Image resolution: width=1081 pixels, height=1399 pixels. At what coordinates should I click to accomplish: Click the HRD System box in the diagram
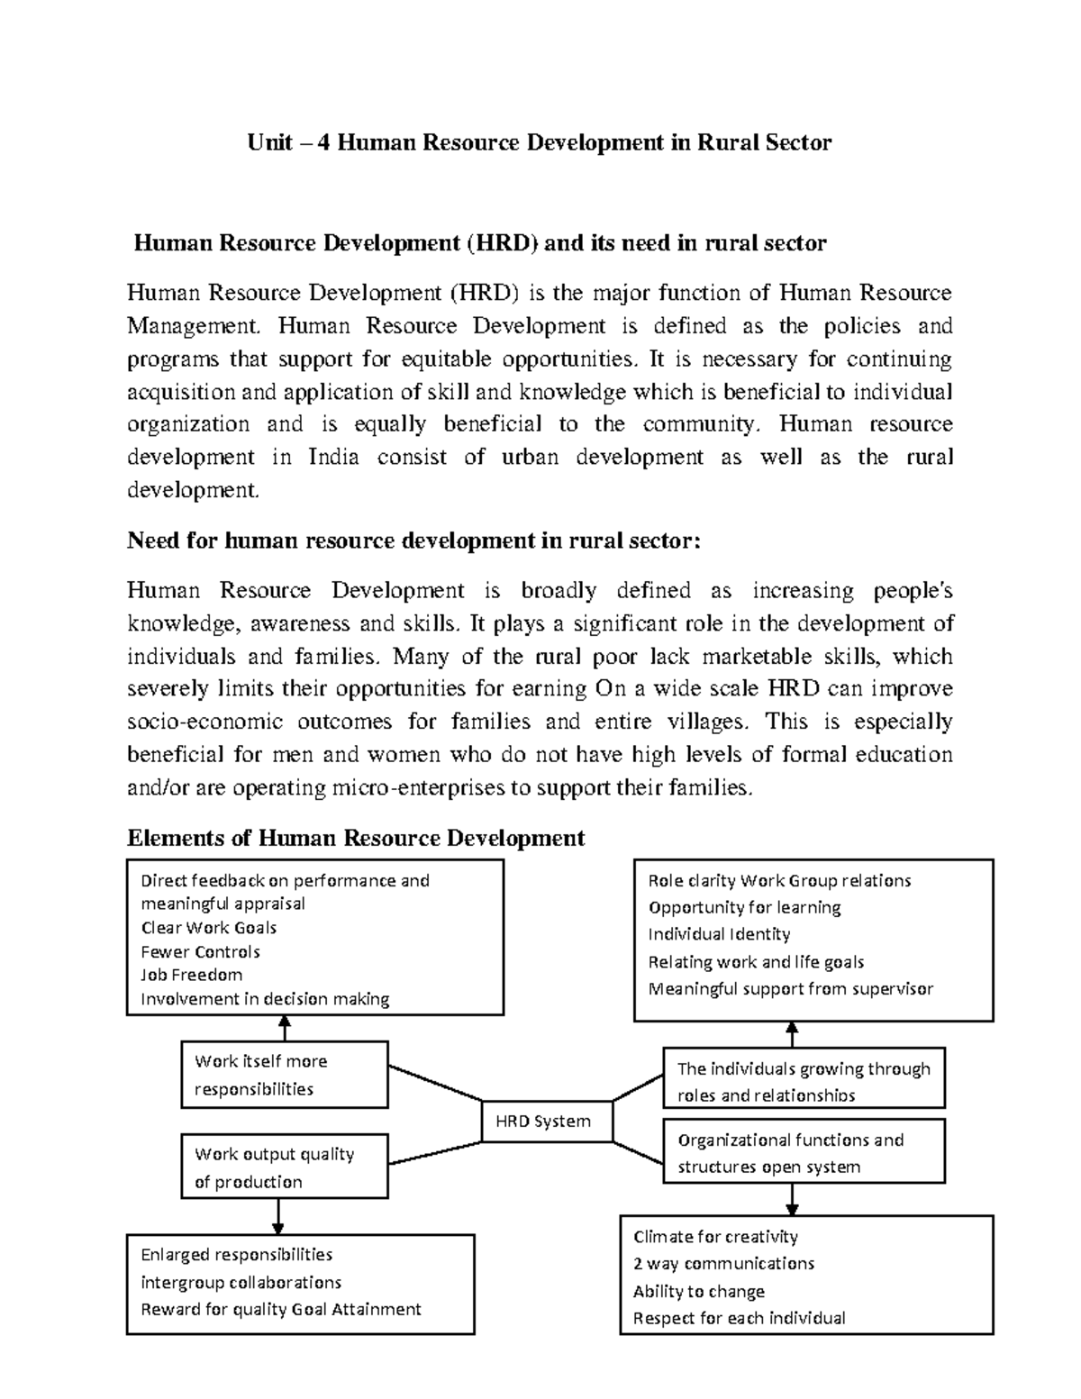point(547,1122)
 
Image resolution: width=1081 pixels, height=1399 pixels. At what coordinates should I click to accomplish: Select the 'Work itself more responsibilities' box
point(285,1075)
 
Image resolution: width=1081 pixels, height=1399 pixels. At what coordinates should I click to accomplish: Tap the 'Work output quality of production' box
point(285,1167)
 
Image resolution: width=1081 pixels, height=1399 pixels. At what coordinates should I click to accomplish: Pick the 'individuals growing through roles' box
point(804,1081)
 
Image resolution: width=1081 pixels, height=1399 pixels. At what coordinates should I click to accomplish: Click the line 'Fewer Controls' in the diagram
point(200,951)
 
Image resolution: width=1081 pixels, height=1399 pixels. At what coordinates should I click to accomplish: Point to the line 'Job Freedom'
point(191,975)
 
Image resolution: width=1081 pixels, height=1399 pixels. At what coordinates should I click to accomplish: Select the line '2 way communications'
point(723,1263)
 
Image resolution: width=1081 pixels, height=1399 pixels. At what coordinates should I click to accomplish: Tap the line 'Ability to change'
point(698,1291)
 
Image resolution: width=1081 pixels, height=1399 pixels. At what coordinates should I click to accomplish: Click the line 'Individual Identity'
point(719,934)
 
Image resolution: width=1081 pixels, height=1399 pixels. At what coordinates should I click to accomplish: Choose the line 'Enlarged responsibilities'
point(236,1254)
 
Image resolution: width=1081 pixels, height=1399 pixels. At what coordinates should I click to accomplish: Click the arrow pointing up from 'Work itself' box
point(285,1028)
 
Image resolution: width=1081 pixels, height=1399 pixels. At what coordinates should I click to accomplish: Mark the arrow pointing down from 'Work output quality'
point(277,1216)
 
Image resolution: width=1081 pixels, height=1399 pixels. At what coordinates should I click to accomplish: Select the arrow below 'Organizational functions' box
point(792,1199)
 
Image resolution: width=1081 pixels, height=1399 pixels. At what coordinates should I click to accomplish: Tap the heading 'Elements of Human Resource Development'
point(356,838)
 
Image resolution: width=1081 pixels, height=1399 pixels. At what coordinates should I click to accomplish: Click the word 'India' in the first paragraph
point(333,457)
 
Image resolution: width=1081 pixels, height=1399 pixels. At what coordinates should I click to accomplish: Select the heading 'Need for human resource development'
point(413,541)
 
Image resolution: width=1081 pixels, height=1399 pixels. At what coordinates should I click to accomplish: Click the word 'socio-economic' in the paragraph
point(204,722)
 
